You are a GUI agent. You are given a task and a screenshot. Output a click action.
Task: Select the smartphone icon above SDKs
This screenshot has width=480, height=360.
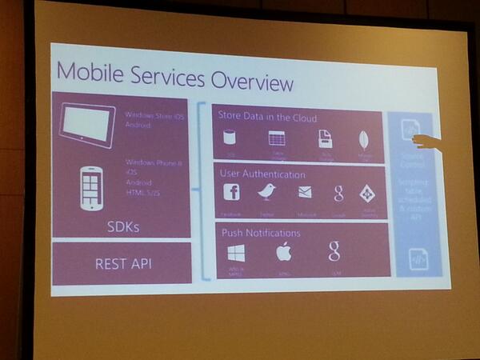[x=92, y=187]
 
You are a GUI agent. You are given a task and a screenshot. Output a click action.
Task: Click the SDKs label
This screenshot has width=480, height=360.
[x=124, y=226]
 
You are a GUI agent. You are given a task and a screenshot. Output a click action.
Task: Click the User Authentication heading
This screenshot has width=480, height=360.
[x=262, y=173]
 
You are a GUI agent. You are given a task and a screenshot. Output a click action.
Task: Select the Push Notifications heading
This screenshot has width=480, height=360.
[x=260, y=233]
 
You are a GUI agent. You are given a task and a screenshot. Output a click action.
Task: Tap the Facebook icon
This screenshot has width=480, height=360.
[x=231, y=192]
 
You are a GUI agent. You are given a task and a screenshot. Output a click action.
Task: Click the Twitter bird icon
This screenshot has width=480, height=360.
[x=266, y=192]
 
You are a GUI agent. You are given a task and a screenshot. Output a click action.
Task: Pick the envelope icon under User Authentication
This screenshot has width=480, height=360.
[x=305, y=192]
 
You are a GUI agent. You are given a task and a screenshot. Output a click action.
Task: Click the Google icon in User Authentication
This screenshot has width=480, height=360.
[x=338, y=192]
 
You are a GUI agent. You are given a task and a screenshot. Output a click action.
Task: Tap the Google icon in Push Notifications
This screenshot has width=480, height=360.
[x=334, y=250]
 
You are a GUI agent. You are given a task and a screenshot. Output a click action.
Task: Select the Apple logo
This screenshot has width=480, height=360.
[x=282, y=253]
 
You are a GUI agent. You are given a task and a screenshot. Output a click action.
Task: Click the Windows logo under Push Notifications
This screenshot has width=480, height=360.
[x=236, y=254]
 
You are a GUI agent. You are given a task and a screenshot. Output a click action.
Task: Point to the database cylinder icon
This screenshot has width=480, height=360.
[x=230, y=137]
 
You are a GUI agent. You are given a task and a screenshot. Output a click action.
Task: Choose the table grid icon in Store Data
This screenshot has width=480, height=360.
[x=277, y=138]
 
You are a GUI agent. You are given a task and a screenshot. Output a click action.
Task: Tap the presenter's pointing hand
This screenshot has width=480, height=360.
[x=428, y=142]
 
